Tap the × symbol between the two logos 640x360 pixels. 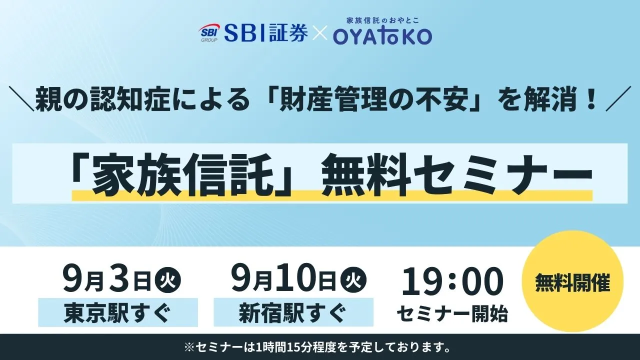pos(319,33)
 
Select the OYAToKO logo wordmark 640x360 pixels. pos(382,36)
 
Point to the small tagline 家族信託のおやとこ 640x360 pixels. pos(382,20)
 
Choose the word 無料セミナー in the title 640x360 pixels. pos(457,174)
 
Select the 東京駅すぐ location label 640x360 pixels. pos(118,313)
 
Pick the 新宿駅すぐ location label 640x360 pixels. pos(293,313)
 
